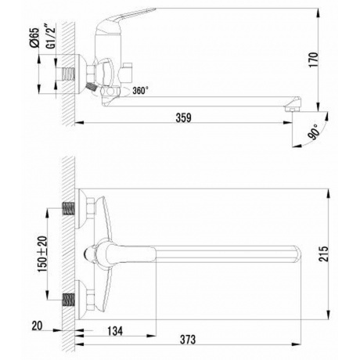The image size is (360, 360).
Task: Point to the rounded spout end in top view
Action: coord(296,253)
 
